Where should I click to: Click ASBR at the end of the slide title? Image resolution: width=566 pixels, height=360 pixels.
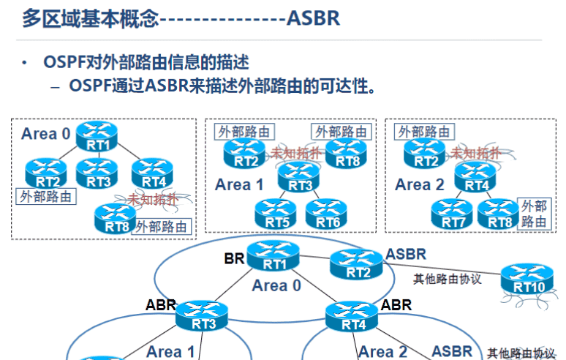point(313,18)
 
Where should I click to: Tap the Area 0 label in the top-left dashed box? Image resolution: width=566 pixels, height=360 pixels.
point(46,133)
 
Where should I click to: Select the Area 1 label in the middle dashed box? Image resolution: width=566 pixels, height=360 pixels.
point(239,185)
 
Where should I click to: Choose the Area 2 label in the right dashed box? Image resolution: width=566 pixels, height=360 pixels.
point(420,185)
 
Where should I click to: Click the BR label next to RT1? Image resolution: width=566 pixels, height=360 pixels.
point(233,258)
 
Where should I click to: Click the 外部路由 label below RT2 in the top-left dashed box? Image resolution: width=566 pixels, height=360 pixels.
point(47,196)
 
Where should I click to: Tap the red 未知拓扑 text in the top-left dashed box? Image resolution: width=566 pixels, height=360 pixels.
point(154,198)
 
